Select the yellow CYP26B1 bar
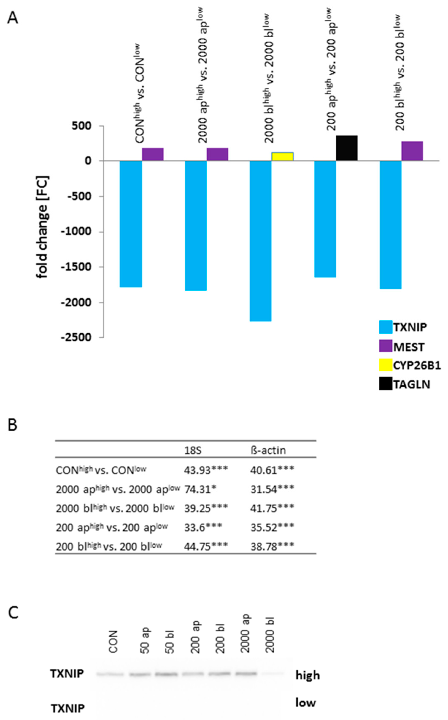point(282,156)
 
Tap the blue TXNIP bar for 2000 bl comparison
point(260,240)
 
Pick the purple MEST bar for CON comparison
point(153,154)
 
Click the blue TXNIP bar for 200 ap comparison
point(325,219)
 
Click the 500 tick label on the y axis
point(81,126)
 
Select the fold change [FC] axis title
point(42,227)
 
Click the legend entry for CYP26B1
point(416,366)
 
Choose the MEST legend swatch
point(386,346)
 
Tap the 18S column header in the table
point(193,450)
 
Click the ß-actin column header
point(268,450)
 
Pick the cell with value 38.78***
point(272,546)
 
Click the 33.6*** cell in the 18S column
point(203,527)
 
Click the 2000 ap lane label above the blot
point(246,633)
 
